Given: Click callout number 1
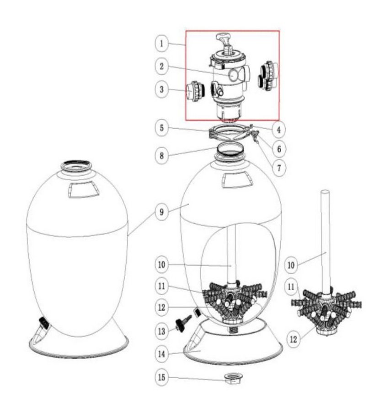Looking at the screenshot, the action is tap(162, 43).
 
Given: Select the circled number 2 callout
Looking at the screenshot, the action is tap(162, 67).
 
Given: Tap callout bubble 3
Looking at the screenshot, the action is tap(162, 89).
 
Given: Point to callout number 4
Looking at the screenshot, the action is tap(279, 130).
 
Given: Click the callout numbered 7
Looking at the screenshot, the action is tap(279, 168).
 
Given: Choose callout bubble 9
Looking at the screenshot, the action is tap(162, 212).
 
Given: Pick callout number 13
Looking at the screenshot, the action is tap(162, 331).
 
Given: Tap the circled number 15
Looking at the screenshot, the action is tap(162, 377).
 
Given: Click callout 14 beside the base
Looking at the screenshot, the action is tap(162, 354).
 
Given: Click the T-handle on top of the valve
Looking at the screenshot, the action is tap(224, 37).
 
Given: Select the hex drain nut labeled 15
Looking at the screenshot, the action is tap(233, 378).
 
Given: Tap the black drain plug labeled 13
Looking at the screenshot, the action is tap(183, 324).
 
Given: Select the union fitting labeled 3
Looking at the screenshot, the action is tap(195, 91).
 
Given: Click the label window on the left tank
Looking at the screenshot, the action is tap(84, 189).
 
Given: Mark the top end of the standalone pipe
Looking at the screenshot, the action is tap(326, 192).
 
